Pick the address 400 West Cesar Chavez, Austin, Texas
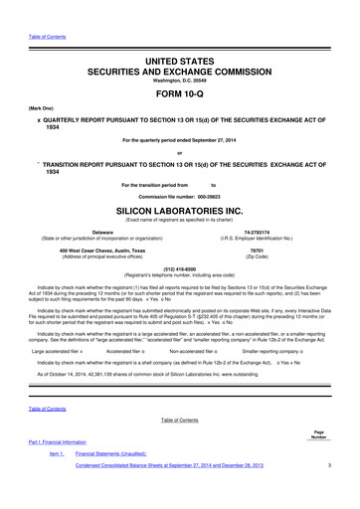coord(100,250)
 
